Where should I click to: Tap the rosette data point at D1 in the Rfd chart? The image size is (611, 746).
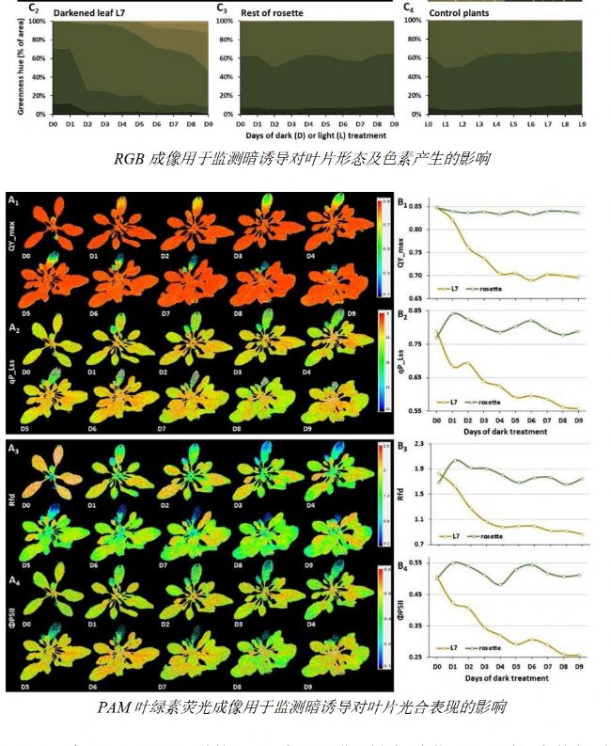[x=454, y=461]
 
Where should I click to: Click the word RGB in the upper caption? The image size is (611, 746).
[x=129, y=158]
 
